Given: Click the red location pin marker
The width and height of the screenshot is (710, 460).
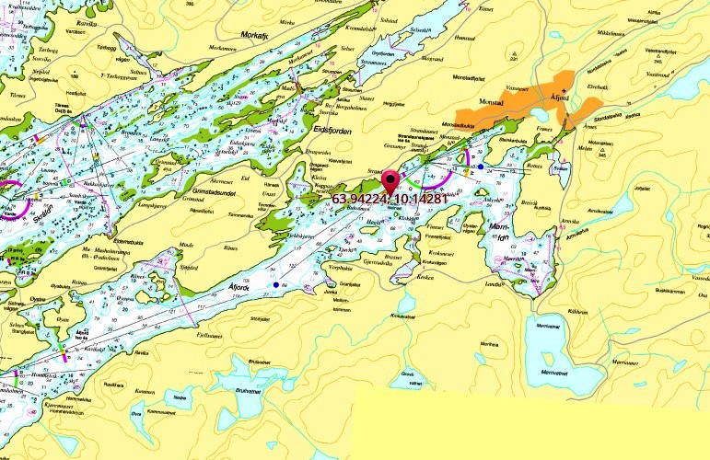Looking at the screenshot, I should point(390,181).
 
